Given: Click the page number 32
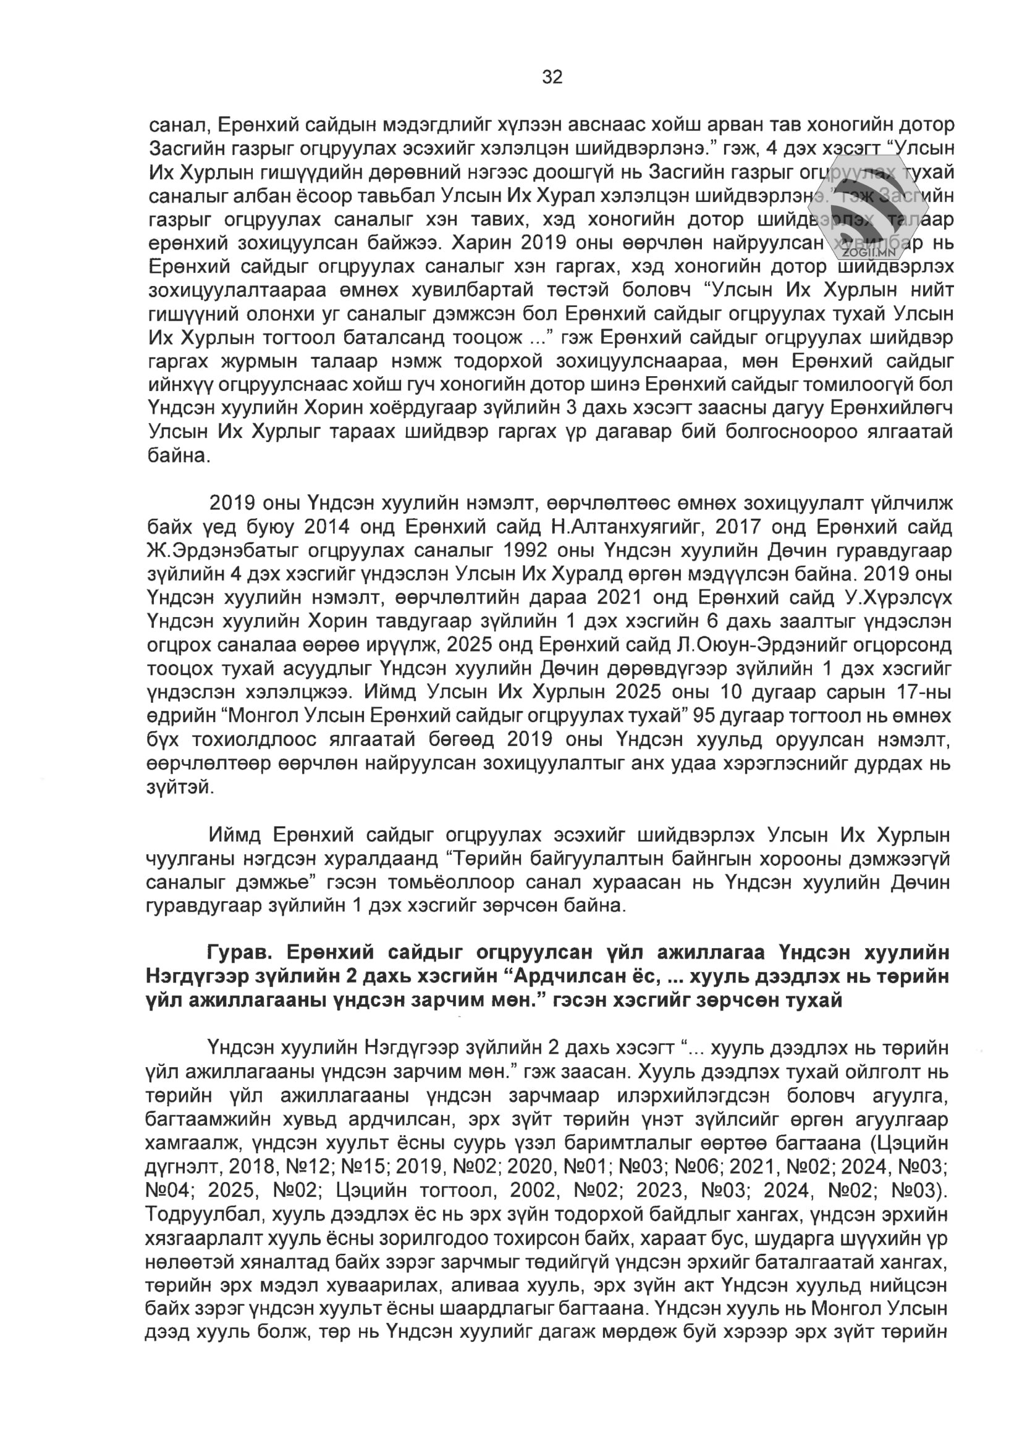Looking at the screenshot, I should pos(552,77).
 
